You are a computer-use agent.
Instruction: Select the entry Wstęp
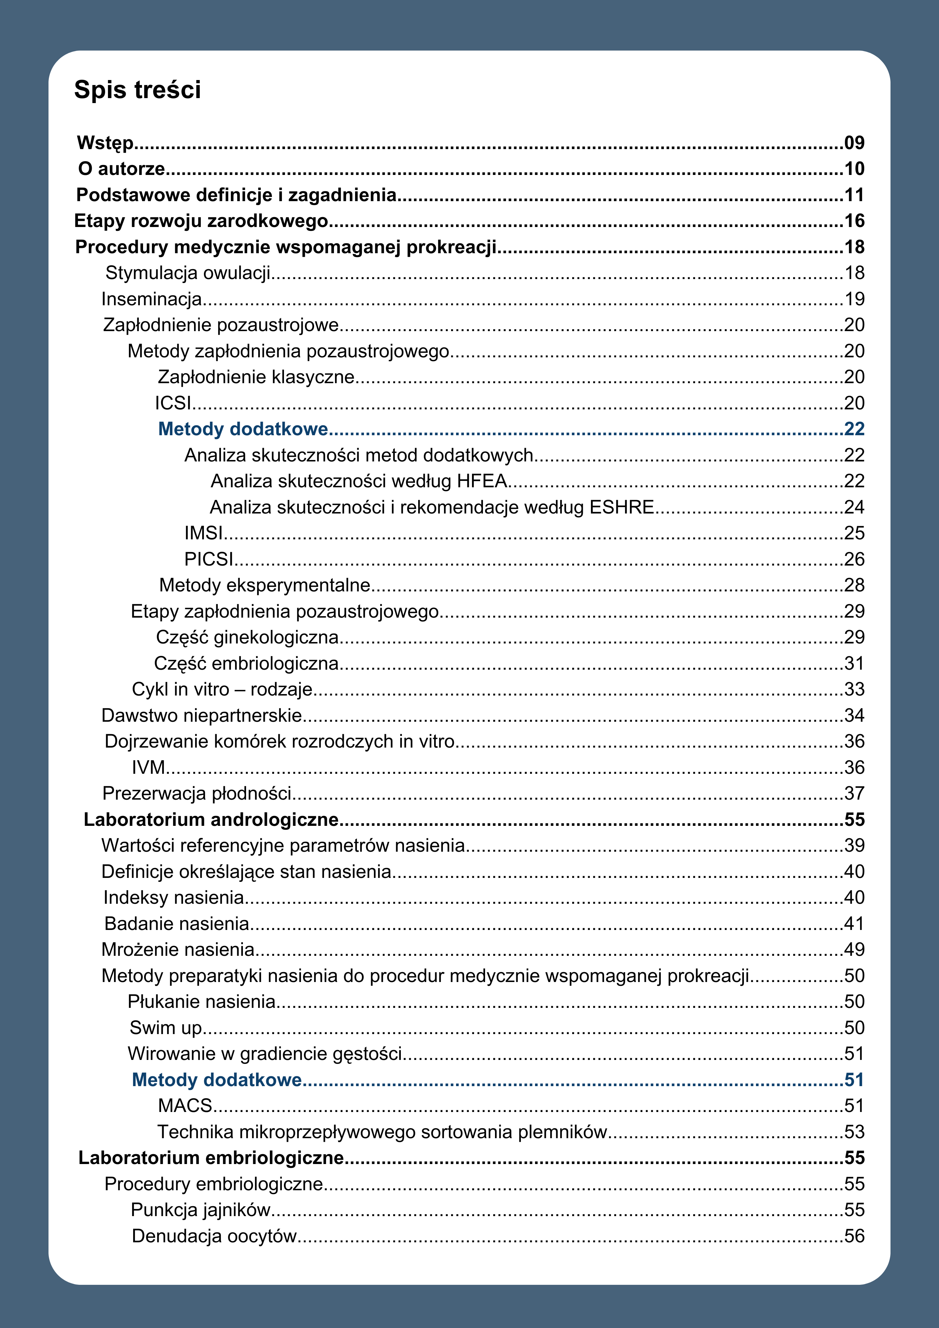tap(105, 143)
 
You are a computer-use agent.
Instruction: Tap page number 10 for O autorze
tap(854, 169)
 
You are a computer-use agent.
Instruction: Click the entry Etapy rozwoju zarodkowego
tap(201, 221)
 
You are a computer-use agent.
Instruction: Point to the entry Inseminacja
tap(152, 299)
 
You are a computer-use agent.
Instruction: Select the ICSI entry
tap(173, 403)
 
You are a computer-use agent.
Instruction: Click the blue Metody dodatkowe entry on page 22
tap(243, 429)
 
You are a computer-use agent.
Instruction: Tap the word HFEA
tap(482, 481)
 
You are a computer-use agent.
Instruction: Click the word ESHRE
tap(621, 507)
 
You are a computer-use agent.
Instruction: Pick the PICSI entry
tap(208, 559)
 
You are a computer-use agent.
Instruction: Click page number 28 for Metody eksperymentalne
tap(854, 585)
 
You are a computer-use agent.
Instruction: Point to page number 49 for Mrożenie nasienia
tap(854, 950)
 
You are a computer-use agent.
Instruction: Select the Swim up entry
tap(165, 1028)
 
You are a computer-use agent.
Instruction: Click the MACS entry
tap(185, 1106)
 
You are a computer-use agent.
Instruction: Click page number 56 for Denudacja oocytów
tap(854, 1236)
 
